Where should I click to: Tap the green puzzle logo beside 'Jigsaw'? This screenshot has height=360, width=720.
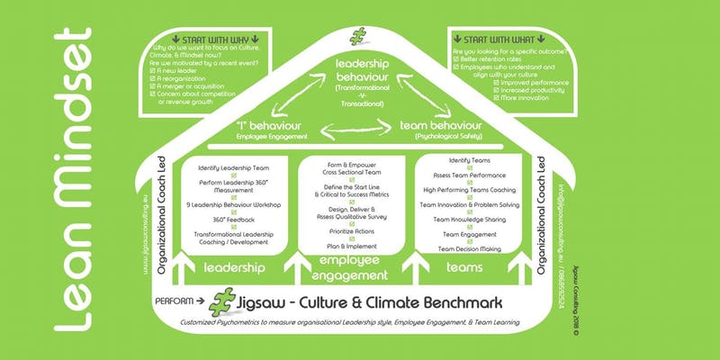pos(224,301)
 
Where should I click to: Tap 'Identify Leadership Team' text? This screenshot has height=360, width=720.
pos(233,167)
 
